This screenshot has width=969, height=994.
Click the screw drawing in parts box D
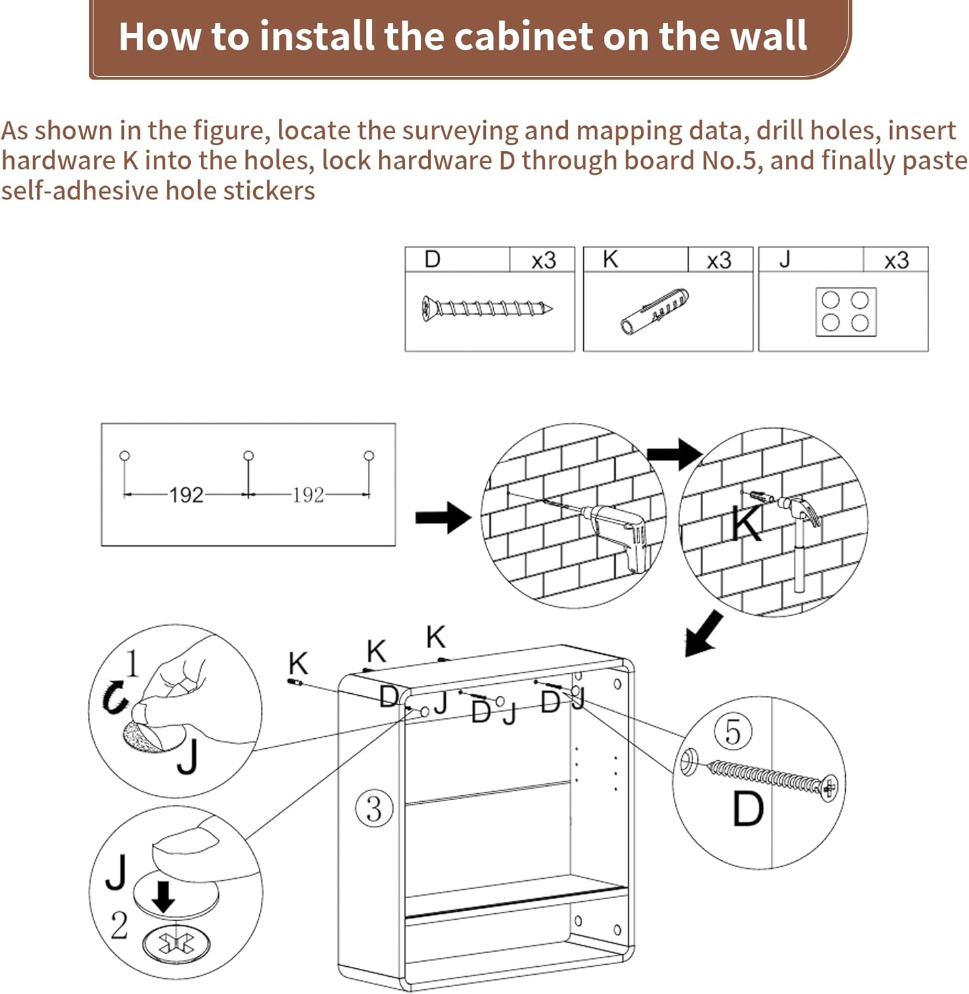click(486, 308)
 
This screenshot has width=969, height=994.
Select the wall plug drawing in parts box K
click(655, 311)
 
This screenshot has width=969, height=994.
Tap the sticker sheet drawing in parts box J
click(846, 311)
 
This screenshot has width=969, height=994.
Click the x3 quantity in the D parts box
click(543, 260)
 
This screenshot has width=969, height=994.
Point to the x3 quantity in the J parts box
click(896, 260)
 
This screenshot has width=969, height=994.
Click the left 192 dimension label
click(186, 495)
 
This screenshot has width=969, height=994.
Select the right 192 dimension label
click(308, 495)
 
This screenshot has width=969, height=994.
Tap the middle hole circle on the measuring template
click(249, 455)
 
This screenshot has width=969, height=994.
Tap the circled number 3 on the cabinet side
click(374, 809)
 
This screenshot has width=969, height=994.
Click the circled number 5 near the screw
click(733, 732)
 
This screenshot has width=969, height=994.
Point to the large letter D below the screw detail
click(748, 809)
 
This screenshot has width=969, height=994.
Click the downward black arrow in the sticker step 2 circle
click(163, 896)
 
